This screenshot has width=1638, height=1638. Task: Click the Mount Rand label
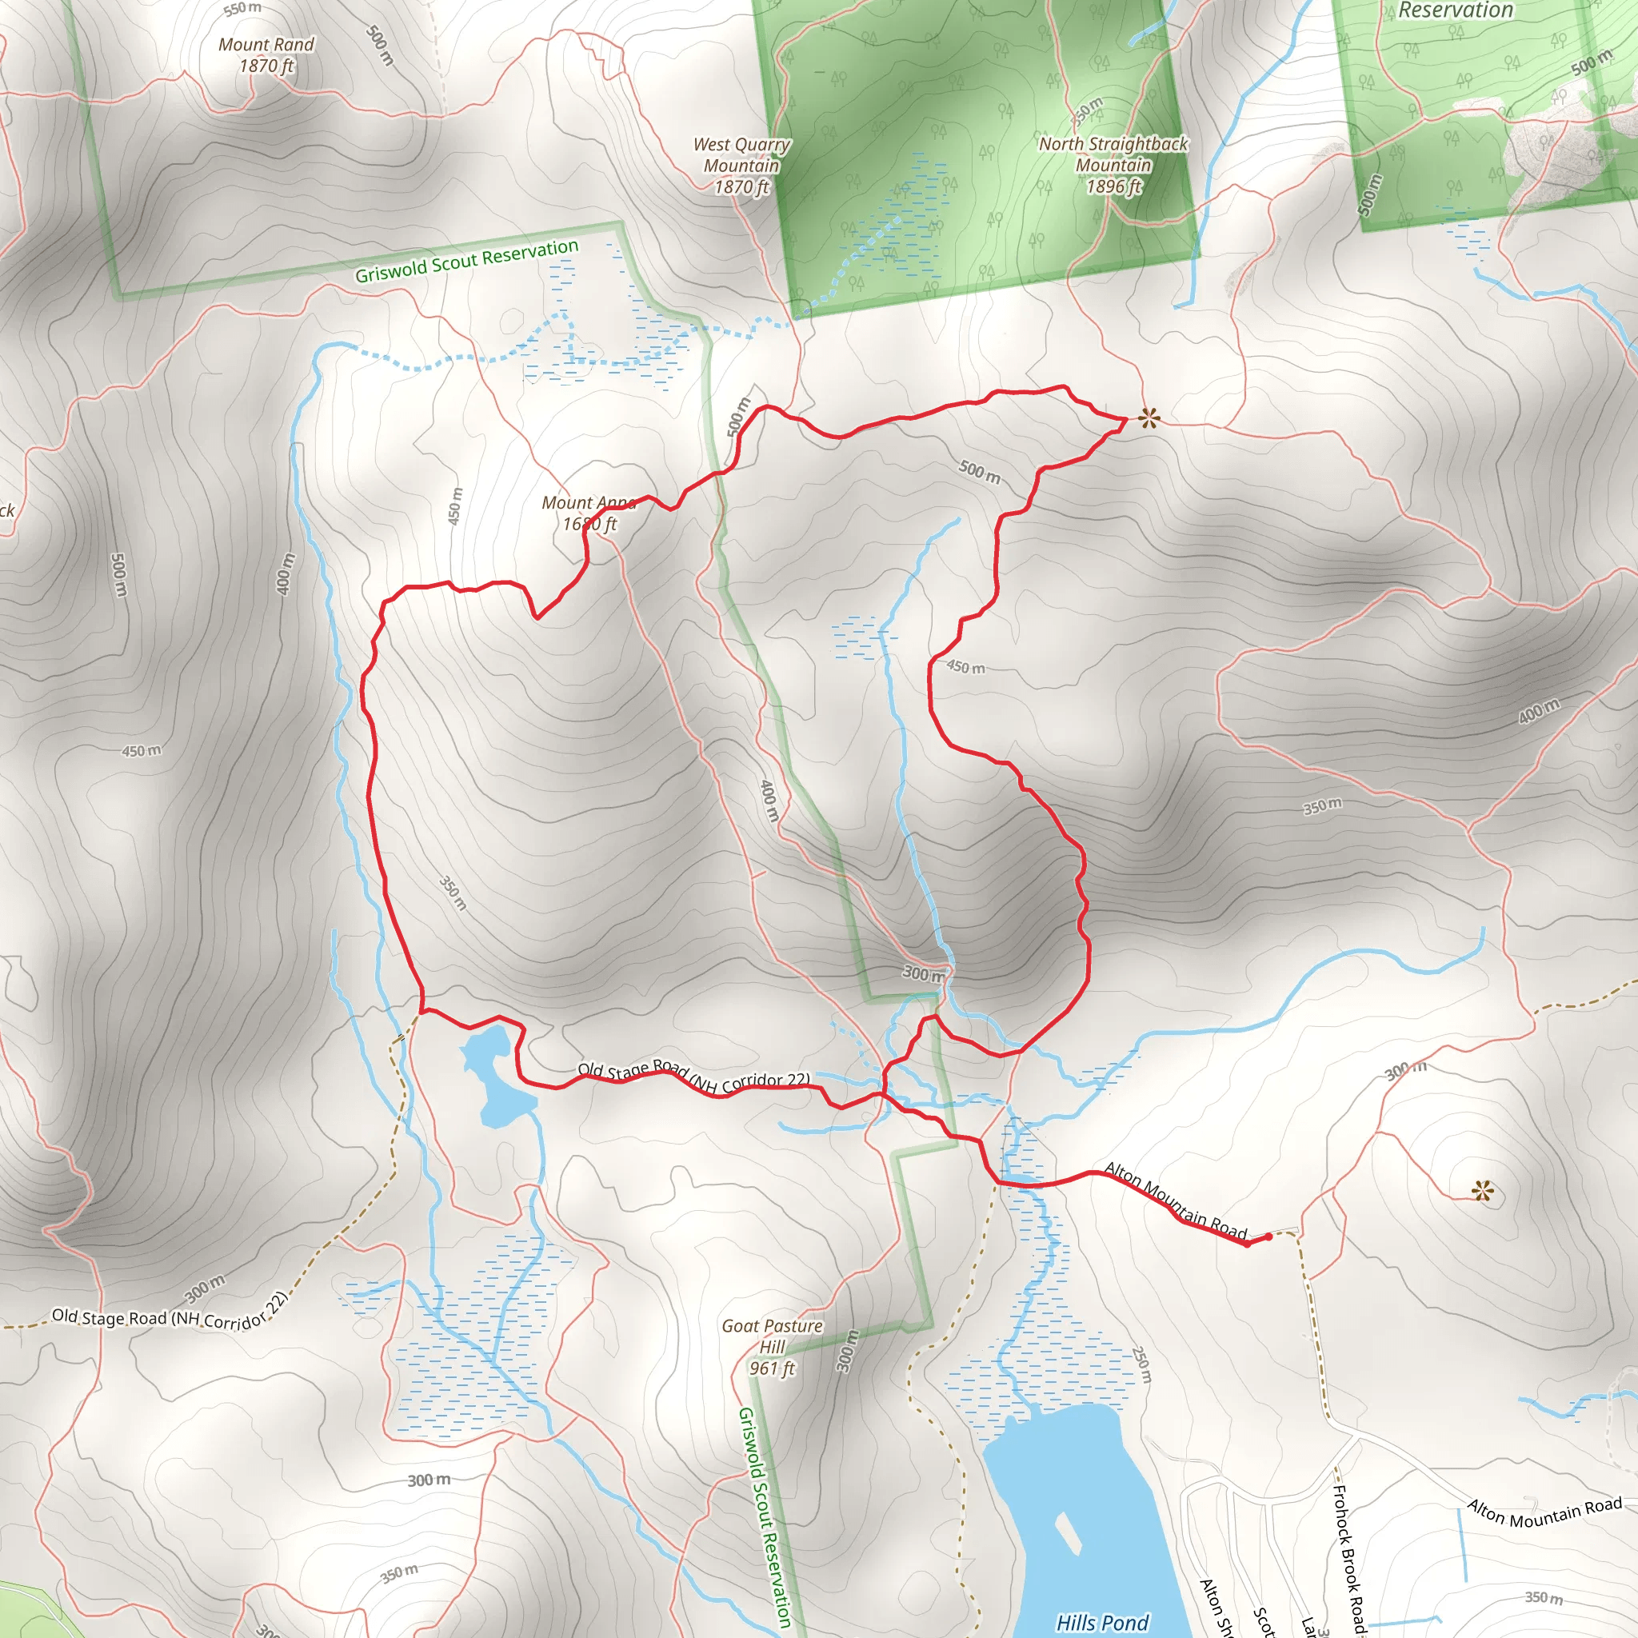click(266, 55)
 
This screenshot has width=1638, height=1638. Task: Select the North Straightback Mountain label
click(1113, 166)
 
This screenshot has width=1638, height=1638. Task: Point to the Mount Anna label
click(589, 513)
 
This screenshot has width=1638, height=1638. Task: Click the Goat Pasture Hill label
click(772, 1346)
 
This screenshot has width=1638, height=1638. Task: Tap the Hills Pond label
click(1102, 1622)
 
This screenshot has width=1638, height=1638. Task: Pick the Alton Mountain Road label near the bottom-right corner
click(1544, 1512)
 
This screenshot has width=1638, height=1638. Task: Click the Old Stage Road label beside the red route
click(693, 1076)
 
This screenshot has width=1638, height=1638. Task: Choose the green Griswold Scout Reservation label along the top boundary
click(466, 261)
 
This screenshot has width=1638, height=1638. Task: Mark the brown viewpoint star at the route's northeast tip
click(1148, 417)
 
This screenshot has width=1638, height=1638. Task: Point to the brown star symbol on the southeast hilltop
click(1482, 1192)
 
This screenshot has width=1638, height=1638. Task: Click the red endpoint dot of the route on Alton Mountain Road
click(1268, 1237)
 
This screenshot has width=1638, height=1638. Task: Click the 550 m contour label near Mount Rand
click(242, 9)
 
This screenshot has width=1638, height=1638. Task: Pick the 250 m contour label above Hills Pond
click(1142, 1366)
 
